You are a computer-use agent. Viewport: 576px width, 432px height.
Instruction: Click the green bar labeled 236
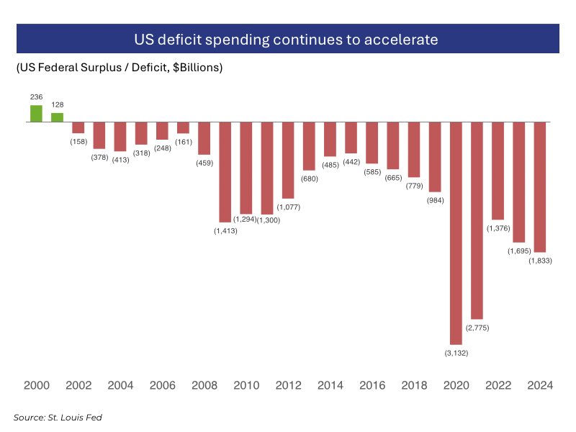pos(36,114)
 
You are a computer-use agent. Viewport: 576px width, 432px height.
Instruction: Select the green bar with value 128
pos(57,117)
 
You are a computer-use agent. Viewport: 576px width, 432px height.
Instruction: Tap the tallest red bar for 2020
pos(456,233)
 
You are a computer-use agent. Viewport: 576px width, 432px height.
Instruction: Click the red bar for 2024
pos(540,186)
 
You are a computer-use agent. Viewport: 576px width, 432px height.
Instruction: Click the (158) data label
pos(78,140)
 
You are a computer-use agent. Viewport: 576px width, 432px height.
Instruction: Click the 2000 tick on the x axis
pos(36,385)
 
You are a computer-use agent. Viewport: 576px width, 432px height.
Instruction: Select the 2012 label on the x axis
pos(288,385)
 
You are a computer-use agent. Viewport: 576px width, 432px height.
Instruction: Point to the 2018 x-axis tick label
pos(414,385)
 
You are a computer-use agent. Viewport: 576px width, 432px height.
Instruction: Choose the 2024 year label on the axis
pos(540,385)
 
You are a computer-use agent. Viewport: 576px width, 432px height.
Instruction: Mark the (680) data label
pos(309,178)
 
